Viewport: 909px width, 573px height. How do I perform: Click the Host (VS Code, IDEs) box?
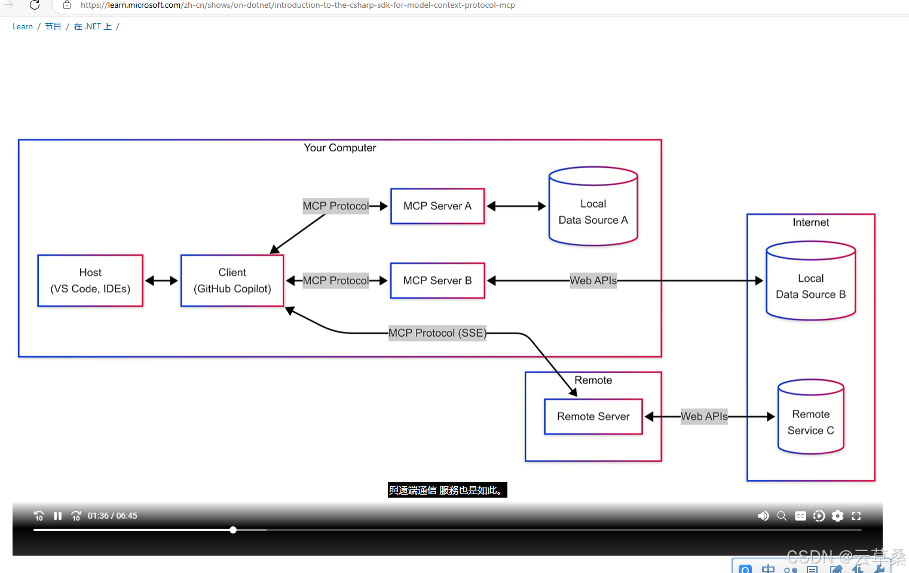[90, 281]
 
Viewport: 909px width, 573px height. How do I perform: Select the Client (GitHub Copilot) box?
[232, 281]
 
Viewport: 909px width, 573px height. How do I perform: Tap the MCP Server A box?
[437, 206]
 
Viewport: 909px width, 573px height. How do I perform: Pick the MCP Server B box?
[437, 281]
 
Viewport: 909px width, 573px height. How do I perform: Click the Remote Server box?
[593, 416]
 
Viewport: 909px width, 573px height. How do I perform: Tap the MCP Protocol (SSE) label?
[437, 333]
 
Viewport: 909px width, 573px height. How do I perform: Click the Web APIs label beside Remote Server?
[704, 416]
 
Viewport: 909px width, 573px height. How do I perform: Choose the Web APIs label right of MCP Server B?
[593, 281]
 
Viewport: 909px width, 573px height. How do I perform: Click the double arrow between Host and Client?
[162, 281]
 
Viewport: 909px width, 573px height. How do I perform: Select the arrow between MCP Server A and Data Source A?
[516, 206]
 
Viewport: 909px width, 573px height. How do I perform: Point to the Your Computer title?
[340, 148]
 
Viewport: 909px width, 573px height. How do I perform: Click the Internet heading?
[811, 223]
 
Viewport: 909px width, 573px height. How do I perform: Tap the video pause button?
[58, 516]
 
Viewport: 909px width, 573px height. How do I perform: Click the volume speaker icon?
[763, 516]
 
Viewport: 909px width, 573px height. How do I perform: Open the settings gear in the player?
[838, 516]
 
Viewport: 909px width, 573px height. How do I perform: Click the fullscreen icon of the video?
[856, 516]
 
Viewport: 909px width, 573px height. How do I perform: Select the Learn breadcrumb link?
[23, 26]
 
